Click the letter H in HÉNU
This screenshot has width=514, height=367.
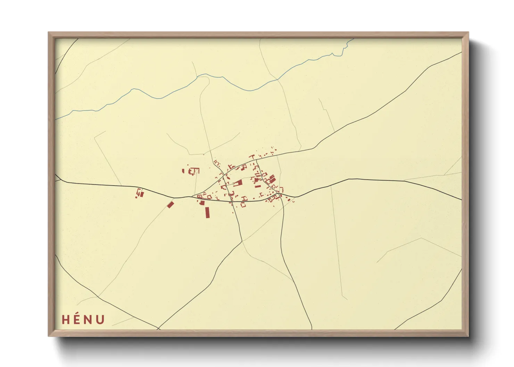66,319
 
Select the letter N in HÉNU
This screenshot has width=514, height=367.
88,319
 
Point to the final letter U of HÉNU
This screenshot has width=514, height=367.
100,319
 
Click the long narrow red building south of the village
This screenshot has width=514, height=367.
208,212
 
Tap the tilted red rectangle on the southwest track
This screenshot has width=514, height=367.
170,205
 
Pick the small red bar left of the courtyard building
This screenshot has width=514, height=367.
184,171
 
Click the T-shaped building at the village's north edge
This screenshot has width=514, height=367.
252,157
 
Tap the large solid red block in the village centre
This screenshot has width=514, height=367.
238,183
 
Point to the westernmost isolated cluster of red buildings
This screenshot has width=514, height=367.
140,193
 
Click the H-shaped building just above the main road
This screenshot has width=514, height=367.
244,198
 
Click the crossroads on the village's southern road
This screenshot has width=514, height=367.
232,201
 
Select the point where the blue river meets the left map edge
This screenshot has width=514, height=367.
56,119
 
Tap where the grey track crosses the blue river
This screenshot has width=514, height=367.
277,80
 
